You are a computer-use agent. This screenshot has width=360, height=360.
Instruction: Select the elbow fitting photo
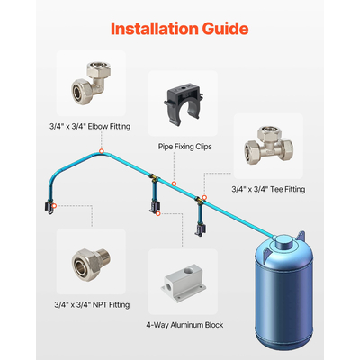click(x=89, y=81)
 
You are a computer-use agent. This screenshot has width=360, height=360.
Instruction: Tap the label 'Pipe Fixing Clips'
click(x=181, y=144)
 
